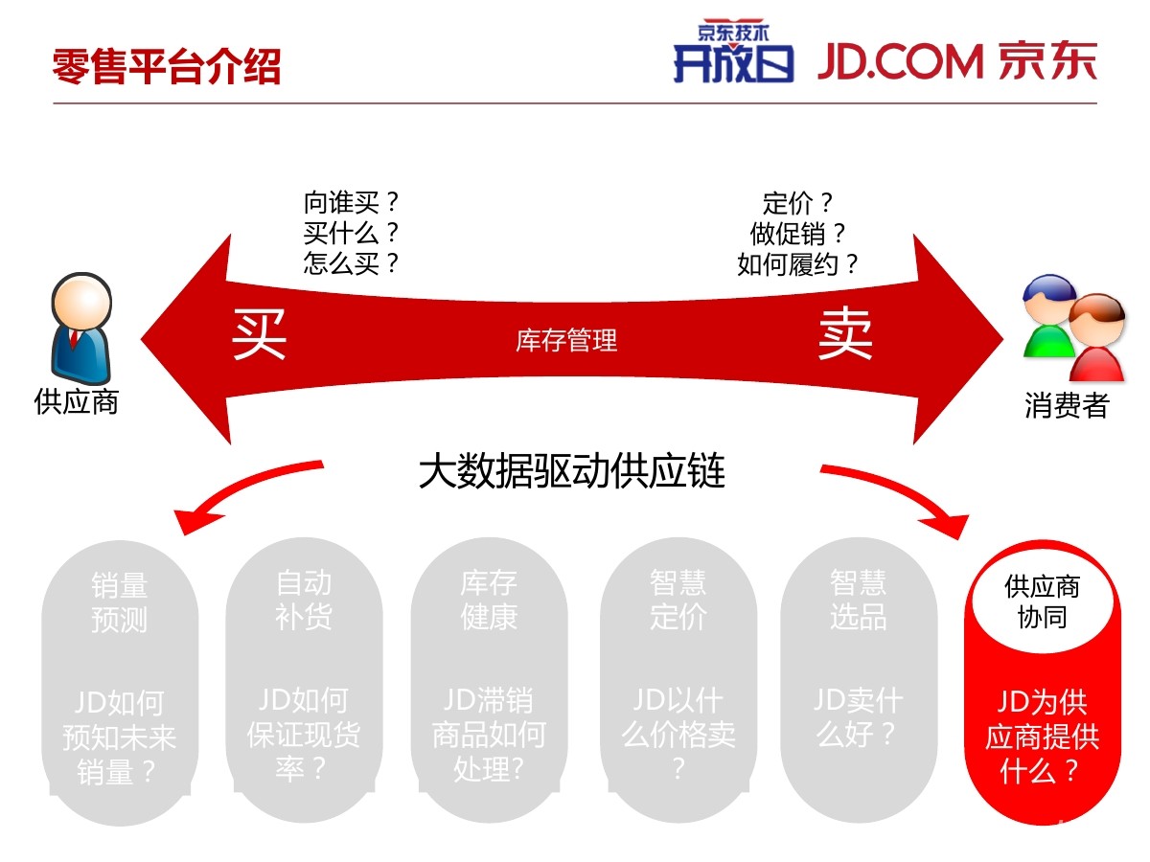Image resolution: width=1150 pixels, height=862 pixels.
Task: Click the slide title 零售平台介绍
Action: (x=167, y=66)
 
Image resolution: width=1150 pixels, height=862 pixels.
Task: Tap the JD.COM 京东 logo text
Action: (x=956, y=61)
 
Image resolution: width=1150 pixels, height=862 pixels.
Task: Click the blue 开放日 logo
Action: (x=733, y=52)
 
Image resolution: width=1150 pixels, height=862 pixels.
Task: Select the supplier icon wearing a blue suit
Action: (x=81, y=329)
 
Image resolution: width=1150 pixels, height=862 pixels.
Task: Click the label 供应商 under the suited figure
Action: (x=77, y=402)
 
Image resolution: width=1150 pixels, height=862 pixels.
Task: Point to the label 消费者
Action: (x=1067, y=405)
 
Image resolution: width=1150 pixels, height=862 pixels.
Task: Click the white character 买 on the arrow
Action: (x=259, y=334)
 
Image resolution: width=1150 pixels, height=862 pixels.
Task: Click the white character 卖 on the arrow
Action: (x=845, y=333)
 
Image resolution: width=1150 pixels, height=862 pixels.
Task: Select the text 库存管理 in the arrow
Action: (x=566, y=340)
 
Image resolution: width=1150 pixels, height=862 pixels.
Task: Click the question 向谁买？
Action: (x=352, y=202)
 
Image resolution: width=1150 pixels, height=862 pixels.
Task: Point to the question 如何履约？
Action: (x=797, y=264)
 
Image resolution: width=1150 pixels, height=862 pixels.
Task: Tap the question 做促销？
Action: (x=797, y=234)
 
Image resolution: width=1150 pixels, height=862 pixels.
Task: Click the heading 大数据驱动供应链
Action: (x=571, y=471)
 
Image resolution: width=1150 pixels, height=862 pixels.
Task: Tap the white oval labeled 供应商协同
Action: (x=1042, y=601)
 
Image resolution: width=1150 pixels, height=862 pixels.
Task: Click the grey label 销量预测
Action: (x=120, y=601)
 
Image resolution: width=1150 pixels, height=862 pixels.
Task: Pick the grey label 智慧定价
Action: (x=678, y=600)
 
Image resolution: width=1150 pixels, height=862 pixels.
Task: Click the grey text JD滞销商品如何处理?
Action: (x=489, y=735)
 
